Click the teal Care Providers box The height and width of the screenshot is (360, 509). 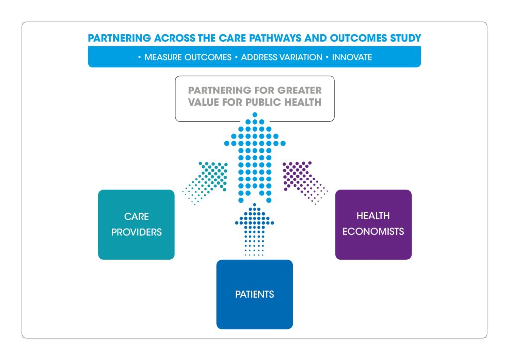[x=136, y=224]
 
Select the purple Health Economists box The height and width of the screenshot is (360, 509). [x=373, y=224]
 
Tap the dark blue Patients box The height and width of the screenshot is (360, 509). [x=254, y=294]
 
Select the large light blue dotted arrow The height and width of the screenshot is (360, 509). [x=254, y=154]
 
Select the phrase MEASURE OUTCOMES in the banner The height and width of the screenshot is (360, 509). [x=187, y=57]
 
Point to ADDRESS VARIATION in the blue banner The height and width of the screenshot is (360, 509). [x=281, y=57]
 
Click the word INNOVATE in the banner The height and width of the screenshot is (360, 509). [x=352, y=57]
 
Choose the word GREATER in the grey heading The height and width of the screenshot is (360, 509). [x=300, y=91]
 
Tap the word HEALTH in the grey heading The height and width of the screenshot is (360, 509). [x=303, y=103]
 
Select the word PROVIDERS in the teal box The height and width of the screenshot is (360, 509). [x=136, y=232]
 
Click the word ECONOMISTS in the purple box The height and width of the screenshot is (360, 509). [x=373, y=232]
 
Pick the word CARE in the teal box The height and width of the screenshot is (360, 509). [x=136, y=217]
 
